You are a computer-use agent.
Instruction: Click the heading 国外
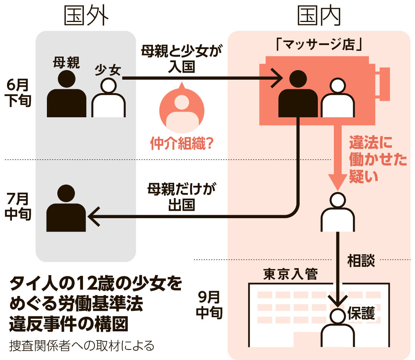[x=86, y=16]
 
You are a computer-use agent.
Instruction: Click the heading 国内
[x=320, y=16]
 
